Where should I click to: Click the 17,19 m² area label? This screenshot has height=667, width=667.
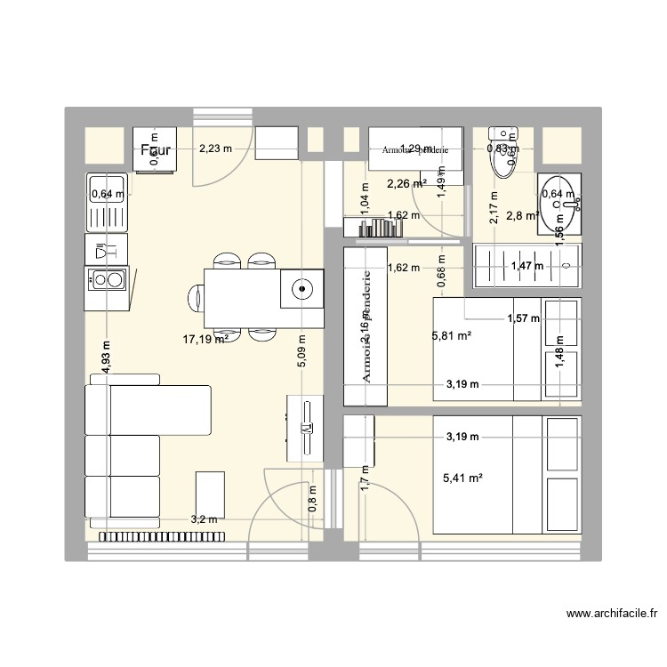click(x=205, y=339)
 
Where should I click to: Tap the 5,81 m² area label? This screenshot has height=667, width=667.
click(x=451, y=336)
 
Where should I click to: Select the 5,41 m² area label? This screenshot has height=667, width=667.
click(x=462, y=478)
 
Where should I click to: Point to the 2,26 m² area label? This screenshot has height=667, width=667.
click(x=406, y=185)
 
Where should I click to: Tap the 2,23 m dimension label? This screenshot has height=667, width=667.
click(x=214, y=149)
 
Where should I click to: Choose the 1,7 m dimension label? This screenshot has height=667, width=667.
click(x=364, y=480)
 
